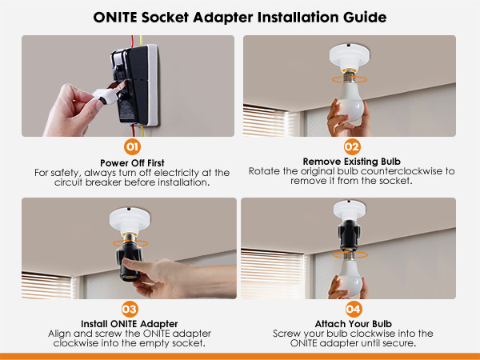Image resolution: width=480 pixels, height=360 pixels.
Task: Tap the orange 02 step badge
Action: pyautogui.click(x=351, y=147)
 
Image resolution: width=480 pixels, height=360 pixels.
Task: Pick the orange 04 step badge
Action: pyautogui.click(x=351, y=308)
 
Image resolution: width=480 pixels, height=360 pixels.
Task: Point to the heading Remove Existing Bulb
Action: pyautogui.click(x=351, y=162)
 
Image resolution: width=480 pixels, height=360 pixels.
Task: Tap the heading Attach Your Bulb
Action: pyautogui.click(x=351, y=323)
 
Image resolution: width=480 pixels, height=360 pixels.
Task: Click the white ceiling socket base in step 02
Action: pyautogui.click(x=350, y=56)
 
